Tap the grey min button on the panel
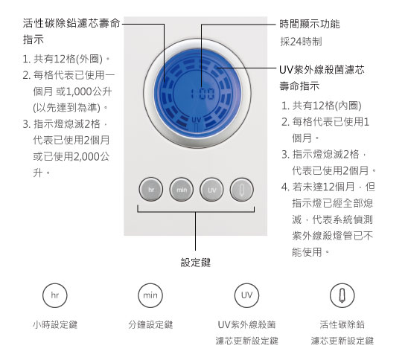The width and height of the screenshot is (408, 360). [x=182, y=190]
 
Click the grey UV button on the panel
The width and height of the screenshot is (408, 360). [x=211, y=190]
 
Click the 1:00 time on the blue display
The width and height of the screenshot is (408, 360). [x=203, y=94]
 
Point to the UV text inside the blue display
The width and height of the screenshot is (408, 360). [x=197, y=120]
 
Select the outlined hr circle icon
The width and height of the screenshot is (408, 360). [x=55, y=295]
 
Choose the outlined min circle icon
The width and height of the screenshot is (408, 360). [x=150, y=295]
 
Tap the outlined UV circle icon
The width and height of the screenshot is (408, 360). [x=246, y=295]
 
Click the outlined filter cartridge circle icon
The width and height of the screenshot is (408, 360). [x=342, y=295]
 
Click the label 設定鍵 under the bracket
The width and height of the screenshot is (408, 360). [x=196, y=263]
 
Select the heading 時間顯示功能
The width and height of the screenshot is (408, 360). [x=310, y=24]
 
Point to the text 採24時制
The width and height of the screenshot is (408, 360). [x=301, y=42]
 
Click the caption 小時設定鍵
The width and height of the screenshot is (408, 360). [x=55, y=324]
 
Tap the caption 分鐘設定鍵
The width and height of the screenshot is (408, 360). [x=150, y=324]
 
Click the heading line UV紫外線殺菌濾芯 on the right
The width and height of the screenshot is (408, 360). [x=322, y=70]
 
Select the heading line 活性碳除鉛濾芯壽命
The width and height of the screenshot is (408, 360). [x=71, y=23]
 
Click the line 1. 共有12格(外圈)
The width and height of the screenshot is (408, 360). [x=66, y=59]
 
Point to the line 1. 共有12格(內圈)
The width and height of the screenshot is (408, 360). [x=322, y=106]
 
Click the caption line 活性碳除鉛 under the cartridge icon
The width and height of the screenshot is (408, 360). [x=342, y=324]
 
